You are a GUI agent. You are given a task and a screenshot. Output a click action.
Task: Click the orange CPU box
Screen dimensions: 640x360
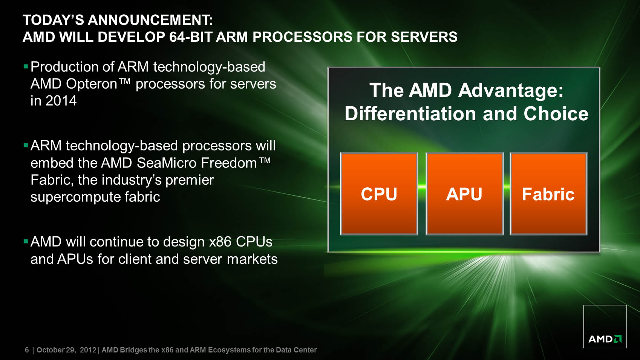tap(379, 194)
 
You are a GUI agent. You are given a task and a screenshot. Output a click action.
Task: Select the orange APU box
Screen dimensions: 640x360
tap(465, 194)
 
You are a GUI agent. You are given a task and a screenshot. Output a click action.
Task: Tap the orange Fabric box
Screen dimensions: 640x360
tap(548, 194)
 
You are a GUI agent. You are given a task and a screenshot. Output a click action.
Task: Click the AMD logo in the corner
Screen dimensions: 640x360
tap(605, 326)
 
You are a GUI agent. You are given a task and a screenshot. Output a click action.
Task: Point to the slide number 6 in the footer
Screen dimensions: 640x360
tap(27, 350)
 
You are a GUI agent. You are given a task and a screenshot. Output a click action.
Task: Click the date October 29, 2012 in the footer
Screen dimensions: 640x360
tap(66, 350)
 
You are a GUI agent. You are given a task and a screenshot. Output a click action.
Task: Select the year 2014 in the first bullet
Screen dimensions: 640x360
tap(61, 101)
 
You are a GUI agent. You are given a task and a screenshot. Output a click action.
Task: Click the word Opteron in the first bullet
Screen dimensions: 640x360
tap(92, 84)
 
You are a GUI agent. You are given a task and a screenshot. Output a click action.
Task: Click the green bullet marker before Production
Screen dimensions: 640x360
tap(25, 67)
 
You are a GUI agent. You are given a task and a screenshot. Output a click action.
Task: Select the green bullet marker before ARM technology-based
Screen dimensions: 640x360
tap(25, 146)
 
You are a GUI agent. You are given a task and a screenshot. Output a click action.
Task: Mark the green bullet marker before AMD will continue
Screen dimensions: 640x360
tap(25, 242)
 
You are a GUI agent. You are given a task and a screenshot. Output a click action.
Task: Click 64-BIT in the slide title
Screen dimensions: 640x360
tap(190, 37)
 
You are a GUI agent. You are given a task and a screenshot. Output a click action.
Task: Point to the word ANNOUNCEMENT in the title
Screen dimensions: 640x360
tap(150, 20)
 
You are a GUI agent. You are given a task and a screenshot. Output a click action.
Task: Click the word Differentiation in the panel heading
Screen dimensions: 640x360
tap(410, 114)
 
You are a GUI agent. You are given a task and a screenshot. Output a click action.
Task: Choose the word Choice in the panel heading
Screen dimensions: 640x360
tap(556, 114)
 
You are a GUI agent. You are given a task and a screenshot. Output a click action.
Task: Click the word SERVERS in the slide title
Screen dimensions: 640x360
tap(424, 37)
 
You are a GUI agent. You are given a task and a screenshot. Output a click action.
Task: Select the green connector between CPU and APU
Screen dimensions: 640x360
tap(422, 187)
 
